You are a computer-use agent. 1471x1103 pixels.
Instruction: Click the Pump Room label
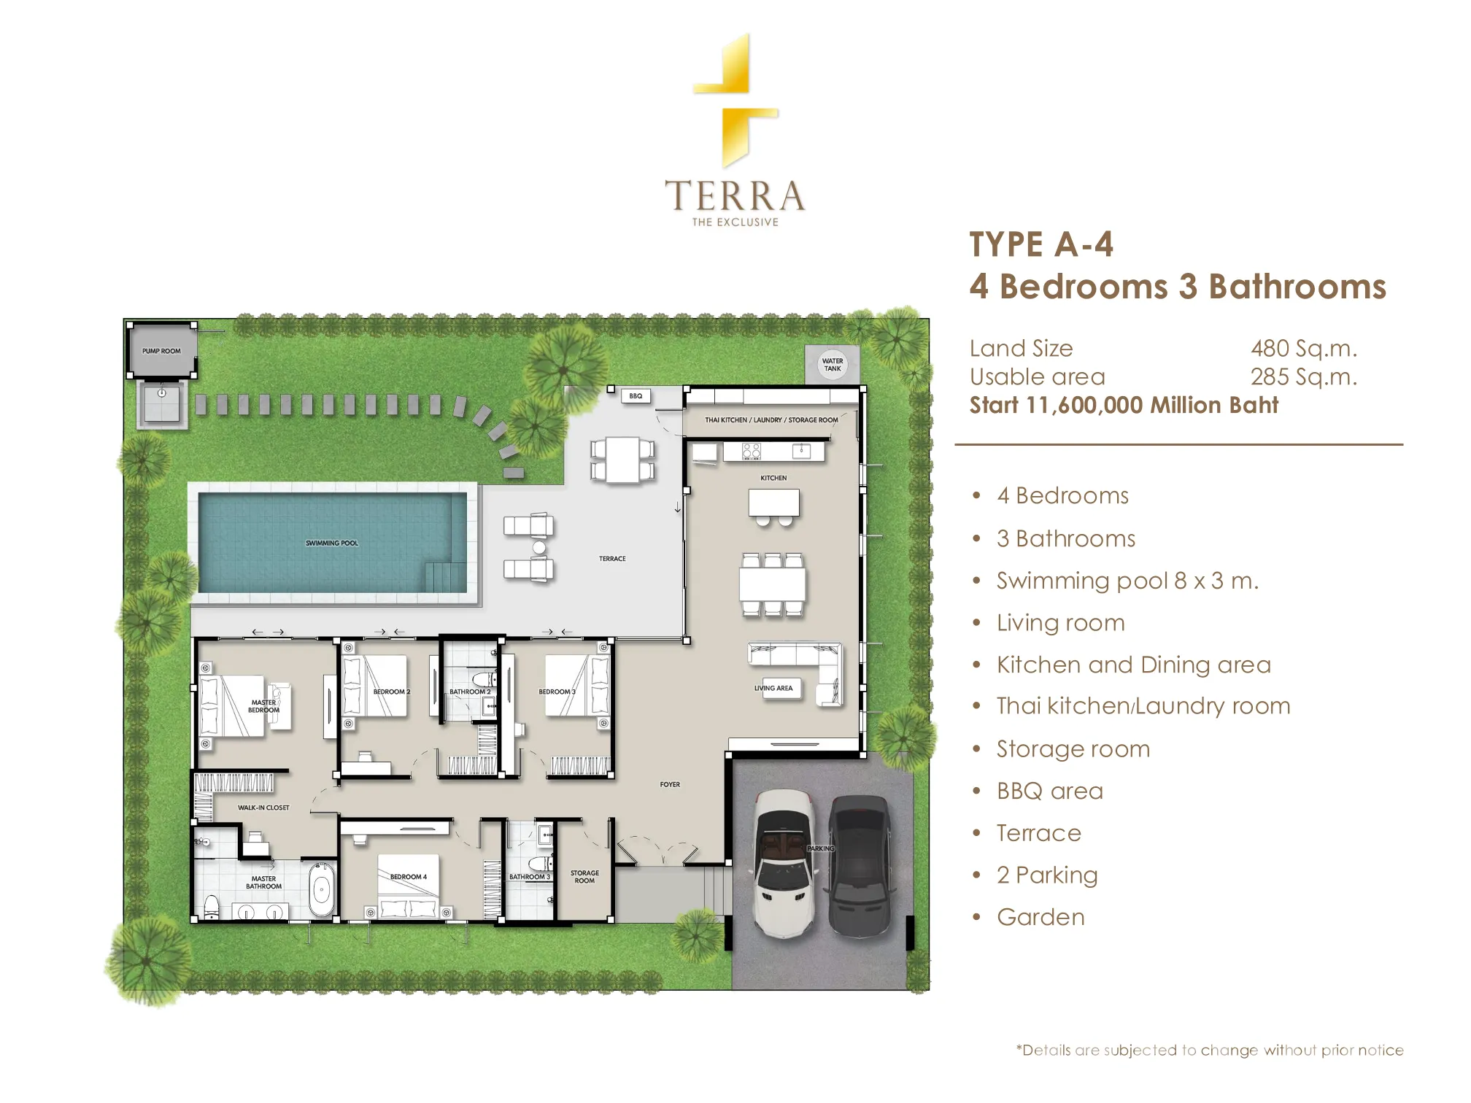(x=161, y=351)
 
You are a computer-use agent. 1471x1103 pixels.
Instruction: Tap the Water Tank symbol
(x=833, y=364)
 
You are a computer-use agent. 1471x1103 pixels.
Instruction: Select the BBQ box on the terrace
(x=636, y=396)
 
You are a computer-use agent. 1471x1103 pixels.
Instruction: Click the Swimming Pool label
(x=332, y=543)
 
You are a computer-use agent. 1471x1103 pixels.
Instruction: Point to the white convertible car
(x=785, y=864)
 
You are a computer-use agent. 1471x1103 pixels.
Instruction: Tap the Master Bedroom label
(x=263, y=706)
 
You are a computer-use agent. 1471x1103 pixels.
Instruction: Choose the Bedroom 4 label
(x=409, y=877)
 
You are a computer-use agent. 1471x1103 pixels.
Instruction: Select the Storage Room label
(x=584, y=877)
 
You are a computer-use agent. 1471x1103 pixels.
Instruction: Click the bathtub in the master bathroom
(x=321, y=889)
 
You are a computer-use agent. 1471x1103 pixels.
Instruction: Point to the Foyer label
(x=670, y=785)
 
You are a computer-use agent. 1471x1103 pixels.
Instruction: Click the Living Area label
(x=773, y=688)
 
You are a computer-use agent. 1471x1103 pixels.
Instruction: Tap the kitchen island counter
(x=774, y=502)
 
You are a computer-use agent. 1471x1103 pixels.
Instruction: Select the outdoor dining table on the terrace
(x=622, y=460)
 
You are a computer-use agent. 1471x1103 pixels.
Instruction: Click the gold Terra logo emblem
(x=735, y=101)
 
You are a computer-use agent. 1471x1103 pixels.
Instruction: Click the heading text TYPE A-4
(x=1041, y=244)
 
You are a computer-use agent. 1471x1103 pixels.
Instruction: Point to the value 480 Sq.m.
(x=1304, y=349)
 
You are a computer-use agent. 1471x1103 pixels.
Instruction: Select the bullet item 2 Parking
(x=1047, y=875)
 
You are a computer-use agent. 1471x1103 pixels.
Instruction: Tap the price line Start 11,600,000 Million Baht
(x=1124, y=405)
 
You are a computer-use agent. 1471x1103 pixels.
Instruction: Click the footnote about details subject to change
(x=1210, y=1050)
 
